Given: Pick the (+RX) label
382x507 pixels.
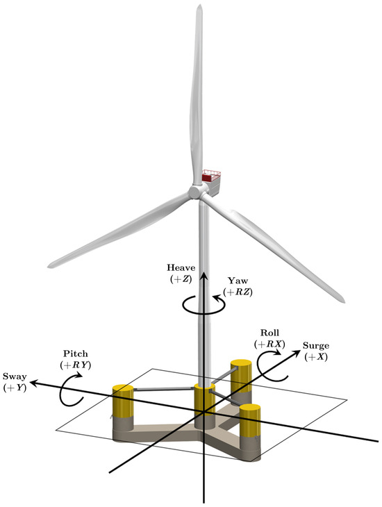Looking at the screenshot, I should [269, 342].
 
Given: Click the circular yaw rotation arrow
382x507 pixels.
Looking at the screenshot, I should [202, 303].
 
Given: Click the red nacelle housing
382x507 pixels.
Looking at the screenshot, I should [210, 177].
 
